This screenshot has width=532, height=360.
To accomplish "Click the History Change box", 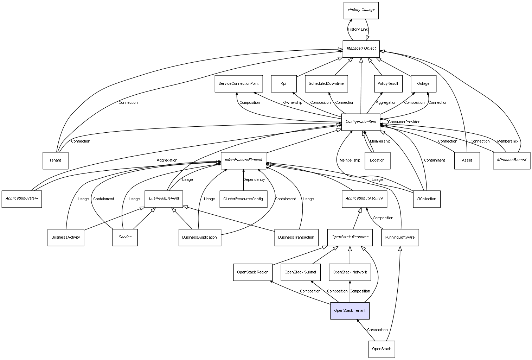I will (x=361, y=10).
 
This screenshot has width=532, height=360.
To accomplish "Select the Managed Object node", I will (x=361, y=49).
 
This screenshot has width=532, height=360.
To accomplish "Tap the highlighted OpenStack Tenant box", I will (x=350, y=311).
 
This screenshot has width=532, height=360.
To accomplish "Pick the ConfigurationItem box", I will (x=360, y=122).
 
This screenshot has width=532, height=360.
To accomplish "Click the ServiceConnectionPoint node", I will (x=238, y=84).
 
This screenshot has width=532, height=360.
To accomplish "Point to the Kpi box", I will (x=283, y=84).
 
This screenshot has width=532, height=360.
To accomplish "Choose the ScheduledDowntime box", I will (x=326, y=84).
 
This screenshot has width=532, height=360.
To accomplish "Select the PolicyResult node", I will (x=387, y=84).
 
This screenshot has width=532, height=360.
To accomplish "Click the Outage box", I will (x=423, y=84).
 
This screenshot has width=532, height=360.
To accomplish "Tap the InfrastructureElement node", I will (x=243, y=160).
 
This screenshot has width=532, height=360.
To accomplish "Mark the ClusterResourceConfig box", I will (x=243, y=199).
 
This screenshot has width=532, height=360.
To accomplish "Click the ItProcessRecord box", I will (x=511, y=160).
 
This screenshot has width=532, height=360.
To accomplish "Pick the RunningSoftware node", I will (x=399, y=238).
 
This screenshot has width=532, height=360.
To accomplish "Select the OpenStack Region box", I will (x=252, y=272).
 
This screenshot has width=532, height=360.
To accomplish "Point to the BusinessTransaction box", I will (x=296, y=238).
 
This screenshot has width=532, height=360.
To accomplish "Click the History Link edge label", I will (x=358, y=30).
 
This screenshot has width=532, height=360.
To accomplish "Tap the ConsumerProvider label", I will (x=404, y=122).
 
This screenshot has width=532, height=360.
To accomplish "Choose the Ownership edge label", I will (x=293, y=103).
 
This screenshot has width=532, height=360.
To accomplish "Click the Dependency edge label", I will (x=254, y=180).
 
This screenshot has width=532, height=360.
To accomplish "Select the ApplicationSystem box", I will (x=21, y=199).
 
